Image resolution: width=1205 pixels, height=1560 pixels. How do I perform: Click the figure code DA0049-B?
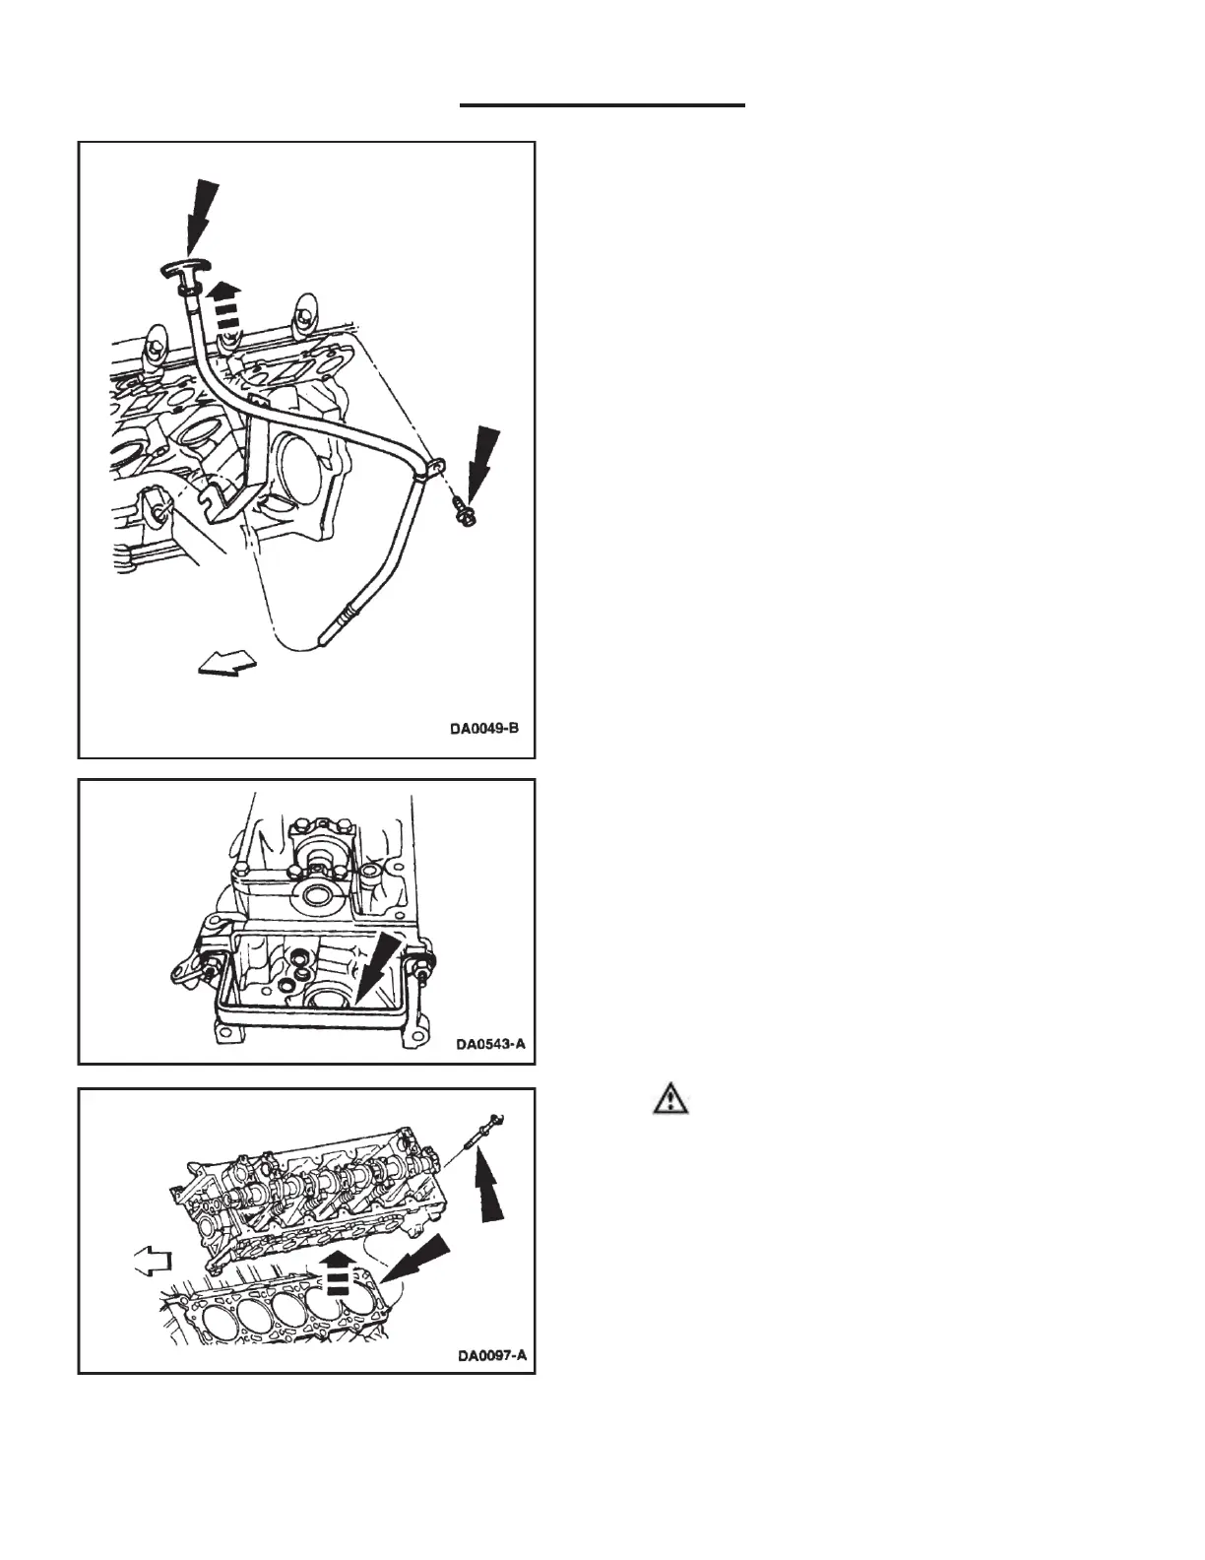click(x=483, y=730)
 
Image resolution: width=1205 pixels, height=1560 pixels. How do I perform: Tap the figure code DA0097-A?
click(x=492, y=1356)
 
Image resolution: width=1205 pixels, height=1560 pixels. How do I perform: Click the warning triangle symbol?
click(x=670, y=1099)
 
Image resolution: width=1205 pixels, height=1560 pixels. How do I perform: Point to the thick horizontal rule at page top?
click(x=602, y=104)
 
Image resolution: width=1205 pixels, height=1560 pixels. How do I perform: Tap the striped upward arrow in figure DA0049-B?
click(x=225, y=302)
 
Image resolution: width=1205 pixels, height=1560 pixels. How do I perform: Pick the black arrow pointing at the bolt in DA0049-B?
click(x=482, y=463)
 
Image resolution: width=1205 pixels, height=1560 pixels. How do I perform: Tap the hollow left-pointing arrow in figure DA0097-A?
click(x=153, y=1260)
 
